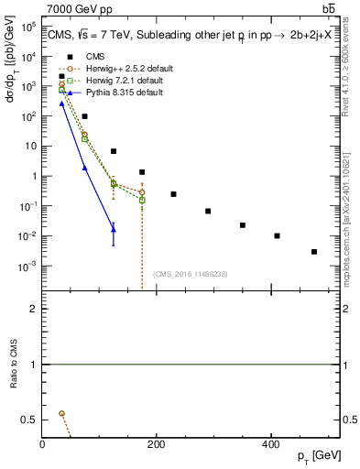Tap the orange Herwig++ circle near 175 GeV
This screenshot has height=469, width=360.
pos(142,192)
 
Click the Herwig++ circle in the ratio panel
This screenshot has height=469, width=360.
pos(62,413)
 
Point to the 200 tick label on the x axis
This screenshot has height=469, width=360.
pos(157,445)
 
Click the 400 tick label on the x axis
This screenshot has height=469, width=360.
pos(270,445)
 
